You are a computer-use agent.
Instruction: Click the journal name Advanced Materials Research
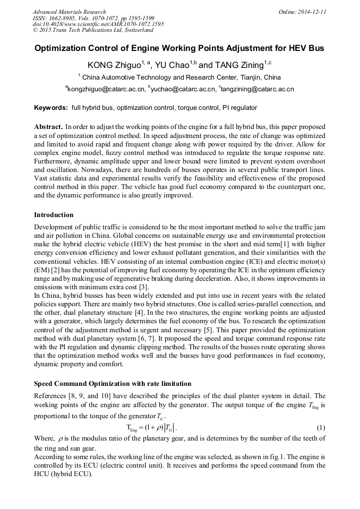[69, 12]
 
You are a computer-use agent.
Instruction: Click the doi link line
[98, 24]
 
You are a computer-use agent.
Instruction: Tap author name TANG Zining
[238, 65]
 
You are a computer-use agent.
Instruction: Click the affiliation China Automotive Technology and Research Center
[181, 77]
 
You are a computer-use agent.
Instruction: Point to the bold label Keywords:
[51, 108]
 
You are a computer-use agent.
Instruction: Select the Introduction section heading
[54, 215]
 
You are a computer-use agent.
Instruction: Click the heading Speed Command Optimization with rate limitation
[113, 384]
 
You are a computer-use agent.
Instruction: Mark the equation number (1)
[321, 428]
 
